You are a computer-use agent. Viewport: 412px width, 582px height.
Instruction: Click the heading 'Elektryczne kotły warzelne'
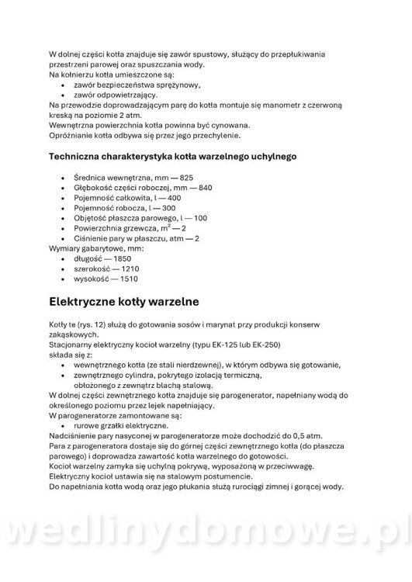coord(124,300)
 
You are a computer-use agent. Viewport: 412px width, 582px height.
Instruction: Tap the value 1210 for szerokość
coord(132,269)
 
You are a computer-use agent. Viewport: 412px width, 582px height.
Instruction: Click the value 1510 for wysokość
coord(128,279)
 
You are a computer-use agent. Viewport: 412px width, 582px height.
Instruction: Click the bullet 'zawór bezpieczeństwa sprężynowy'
coord(137,85)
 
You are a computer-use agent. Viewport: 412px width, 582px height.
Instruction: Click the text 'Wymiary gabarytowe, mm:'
coord(91,249)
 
